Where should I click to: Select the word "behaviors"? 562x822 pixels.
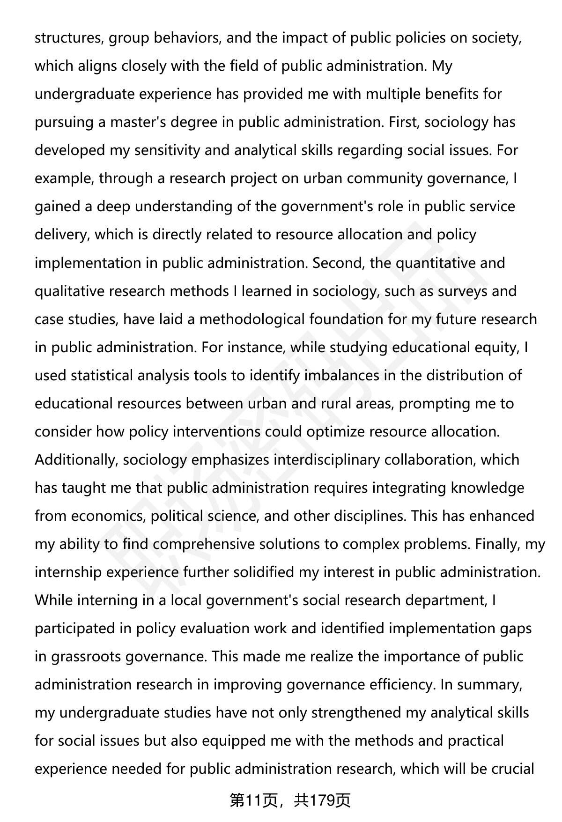(x=186, y=38)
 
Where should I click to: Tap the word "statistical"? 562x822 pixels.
(x=104, y=375)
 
